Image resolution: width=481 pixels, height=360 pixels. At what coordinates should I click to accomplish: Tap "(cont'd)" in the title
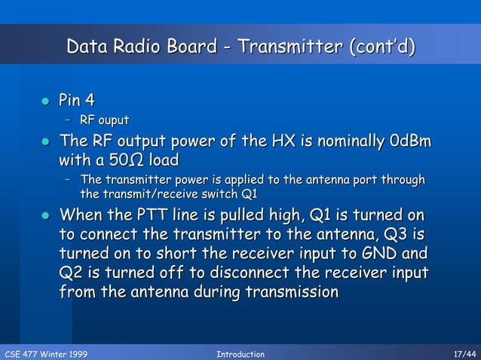[x=381, y=47]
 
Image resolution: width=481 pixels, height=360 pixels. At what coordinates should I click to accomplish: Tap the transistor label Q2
[x=72, y=272]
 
